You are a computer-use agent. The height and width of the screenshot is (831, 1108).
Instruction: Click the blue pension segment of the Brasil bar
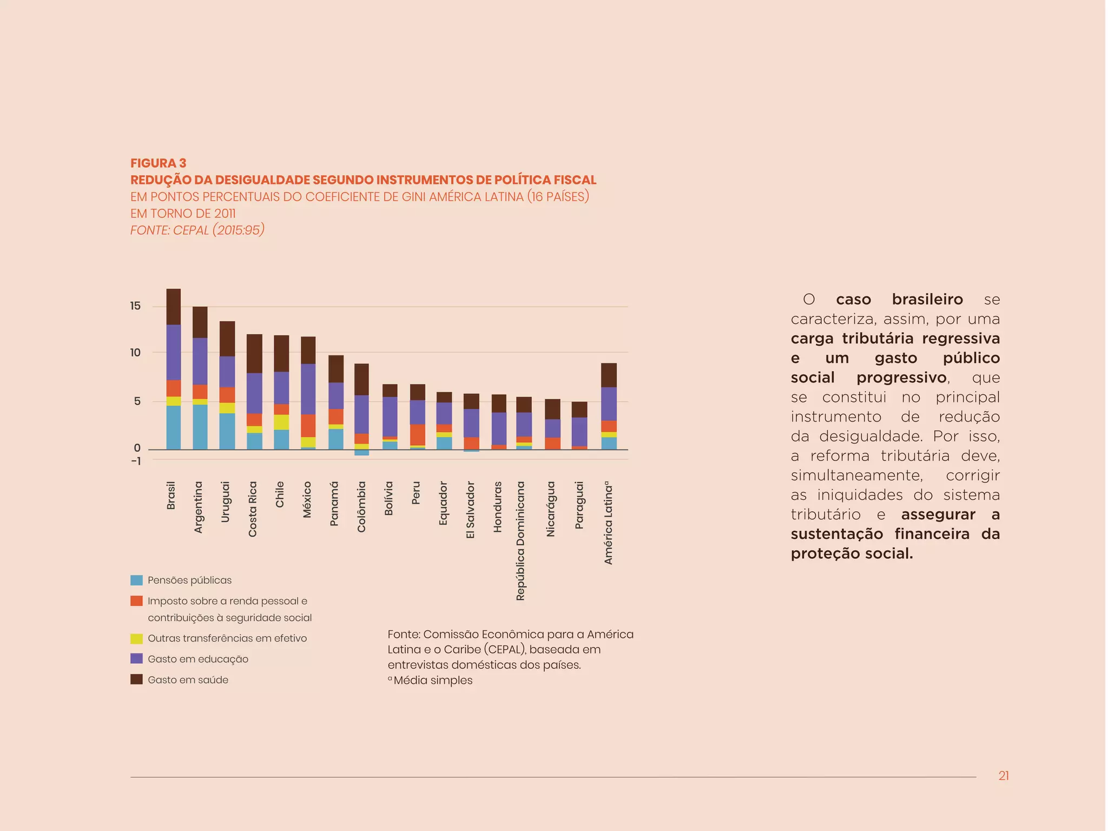coord(173,427)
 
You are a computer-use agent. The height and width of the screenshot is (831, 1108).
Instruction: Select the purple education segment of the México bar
coord(308,389)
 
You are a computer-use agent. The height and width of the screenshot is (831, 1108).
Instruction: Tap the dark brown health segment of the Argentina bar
coord(200,322)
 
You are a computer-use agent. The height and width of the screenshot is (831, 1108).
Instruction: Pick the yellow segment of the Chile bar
coord(281,422)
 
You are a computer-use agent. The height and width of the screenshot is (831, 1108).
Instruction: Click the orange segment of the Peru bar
coord(417,434)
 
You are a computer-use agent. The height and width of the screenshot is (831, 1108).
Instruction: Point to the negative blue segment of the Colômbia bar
coord(362,453)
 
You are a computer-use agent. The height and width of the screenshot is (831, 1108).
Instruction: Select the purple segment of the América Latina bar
coord(609,404)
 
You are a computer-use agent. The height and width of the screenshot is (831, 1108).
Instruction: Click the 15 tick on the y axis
coord(135,306)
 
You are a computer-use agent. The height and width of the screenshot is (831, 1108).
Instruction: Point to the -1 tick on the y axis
coord(136,461)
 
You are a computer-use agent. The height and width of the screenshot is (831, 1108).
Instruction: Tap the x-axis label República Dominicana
coord(520,541)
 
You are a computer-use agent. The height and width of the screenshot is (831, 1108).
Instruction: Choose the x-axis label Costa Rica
coord(253,509)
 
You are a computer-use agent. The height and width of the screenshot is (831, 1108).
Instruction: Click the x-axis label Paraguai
coord(579,505)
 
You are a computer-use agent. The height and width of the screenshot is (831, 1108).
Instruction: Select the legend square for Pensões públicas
coord(136,581)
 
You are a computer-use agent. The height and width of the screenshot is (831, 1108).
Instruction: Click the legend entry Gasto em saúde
coord(188,680)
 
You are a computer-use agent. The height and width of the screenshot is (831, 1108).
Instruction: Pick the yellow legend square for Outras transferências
coord(136,638)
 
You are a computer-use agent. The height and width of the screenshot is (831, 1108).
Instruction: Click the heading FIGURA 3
coord(158,163)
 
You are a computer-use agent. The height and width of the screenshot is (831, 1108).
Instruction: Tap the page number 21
coord(1004,776)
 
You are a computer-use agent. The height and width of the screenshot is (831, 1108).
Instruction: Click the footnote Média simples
coord(433,681)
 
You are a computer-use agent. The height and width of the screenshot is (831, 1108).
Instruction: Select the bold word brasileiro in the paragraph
coord(927,299)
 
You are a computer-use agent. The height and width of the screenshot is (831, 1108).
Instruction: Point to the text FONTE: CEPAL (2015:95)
coord(197,230)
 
